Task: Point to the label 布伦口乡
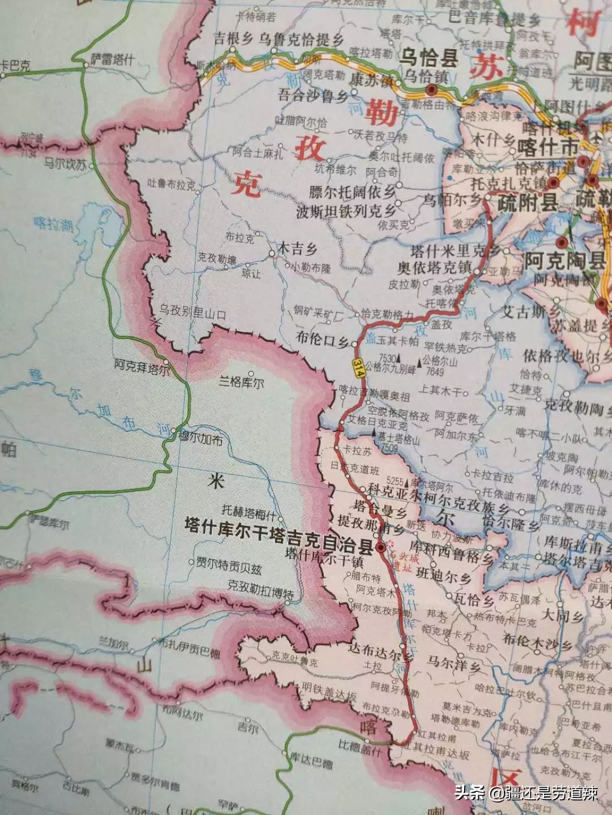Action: click(322, 339)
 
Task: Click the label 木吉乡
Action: click(296, 248)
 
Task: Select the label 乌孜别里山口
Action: click(192, 310)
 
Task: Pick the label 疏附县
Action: click(528, 203)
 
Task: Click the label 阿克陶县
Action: click(564, 261)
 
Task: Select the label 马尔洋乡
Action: click(454, 663)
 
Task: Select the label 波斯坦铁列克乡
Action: click(346, 212)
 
